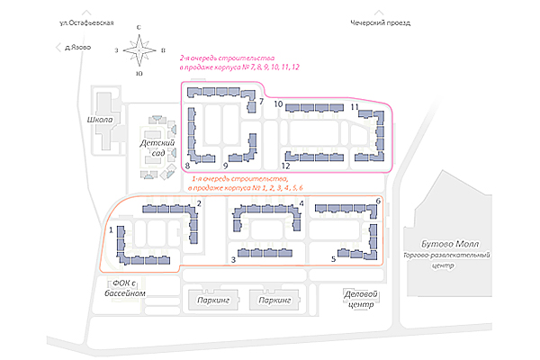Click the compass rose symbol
click(x=139, y=52)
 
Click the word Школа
click(x=101, y=120)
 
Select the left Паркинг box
click(x=212, y=301)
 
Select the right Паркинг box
click(x=275, y=301)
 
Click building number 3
click(x=261, y=251)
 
